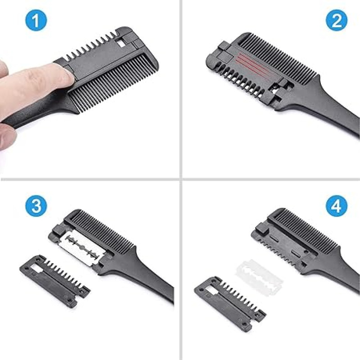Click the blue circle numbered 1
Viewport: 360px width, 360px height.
[x=36, y=20]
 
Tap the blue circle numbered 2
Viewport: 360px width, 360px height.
[x=336, y=20]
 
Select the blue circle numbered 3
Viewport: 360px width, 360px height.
[x=36, y=206]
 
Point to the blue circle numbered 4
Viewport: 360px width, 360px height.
[x=336, y=206]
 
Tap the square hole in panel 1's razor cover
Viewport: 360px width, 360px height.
[x=121, y=42]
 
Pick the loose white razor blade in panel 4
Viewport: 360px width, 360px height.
[x=259, y=278]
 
